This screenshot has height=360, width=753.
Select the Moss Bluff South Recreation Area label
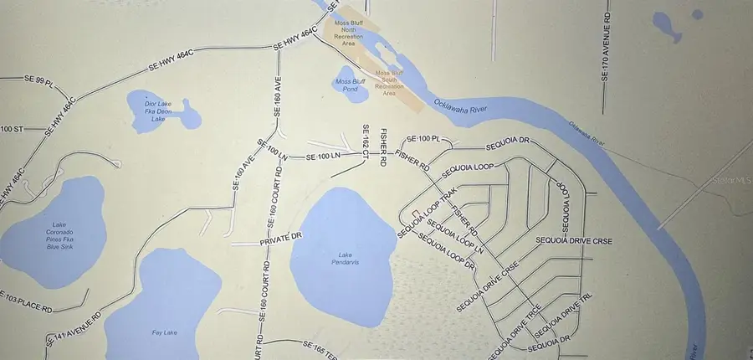coord(389,83)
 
